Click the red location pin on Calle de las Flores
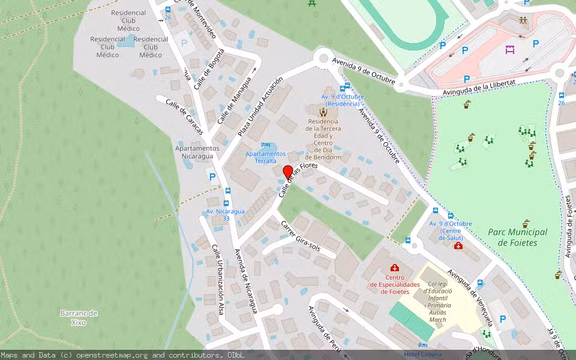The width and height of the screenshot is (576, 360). click(x=287, y=172)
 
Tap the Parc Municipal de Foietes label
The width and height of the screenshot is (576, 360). click(x=517, y=237)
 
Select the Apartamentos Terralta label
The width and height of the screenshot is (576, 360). click(x=265, y=157)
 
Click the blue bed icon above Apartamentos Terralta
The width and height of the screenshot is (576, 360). click(x=266, y=145)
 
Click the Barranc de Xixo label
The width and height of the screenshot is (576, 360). click(x=78, y=318)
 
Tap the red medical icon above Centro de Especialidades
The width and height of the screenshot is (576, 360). click(x=394, y=268)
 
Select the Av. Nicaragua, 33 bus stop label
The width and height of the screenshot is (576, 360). click(x=226, y=215)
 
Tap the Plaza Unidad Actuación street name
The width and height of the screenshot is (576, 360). click(x=259, y=107)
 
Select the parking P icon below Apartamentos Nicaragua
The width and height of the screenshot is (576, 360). click(x=211, y=176)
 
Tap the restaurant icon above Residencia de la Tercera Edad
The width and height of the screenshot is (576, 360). click(x=323, y=111)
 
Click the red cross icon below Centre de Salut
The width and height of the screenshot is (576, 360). click(x=458, y=247)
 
